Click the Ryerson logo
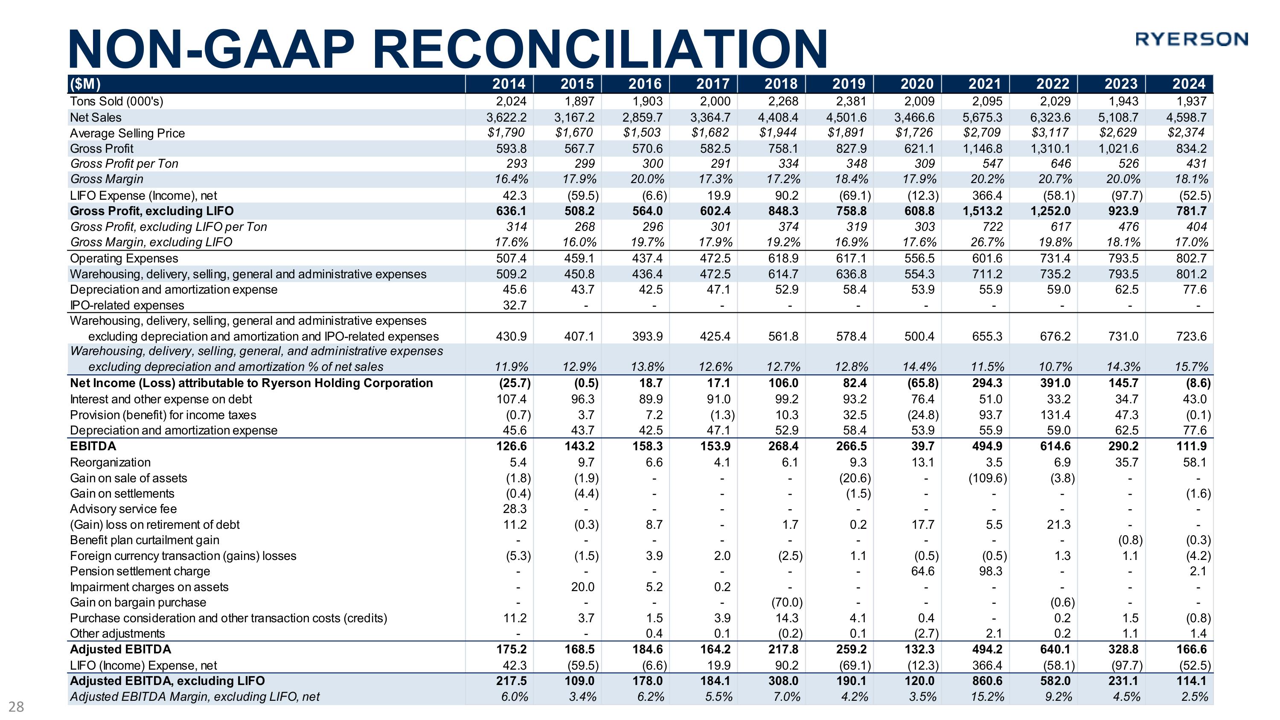coord(1191,39)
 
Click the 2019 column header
coord(849,84)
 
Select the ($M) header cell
coord(85,84)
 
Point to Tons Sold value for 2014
coord(511,102)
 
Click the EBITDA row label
coord(93,446)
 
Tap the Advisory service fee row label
coord(123,509)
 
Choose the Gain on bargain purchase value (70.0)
coord(787,602)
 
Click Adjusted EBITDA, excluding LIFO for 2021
coord(987,681)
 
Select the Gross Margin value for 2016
coord(646,179)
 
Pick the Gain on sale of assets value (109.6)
coord(987,478)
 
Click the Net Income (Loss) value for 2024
coord(1198,383)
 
